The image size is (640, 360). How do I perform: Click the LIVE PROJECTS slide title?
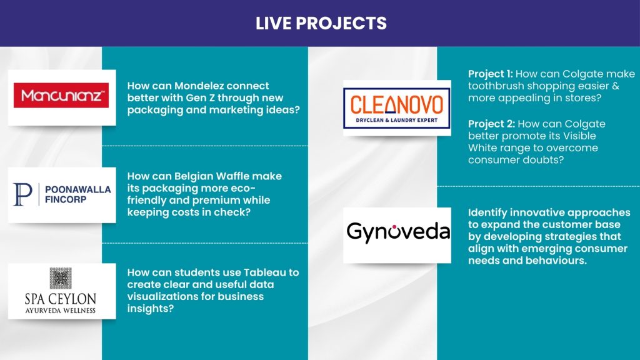coord(321,23)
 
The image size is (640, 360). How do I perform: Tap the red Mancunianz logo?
coord(61,96)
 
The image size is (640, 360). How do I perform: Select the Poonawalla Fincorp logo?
coord(62,194)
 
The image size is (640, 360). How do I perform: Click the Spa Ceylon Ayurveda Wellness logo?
coord(61,291)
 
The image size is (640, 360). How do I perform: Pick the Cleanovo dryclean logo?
coord(397,108)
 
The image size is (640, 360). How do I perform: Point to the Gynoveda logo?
coord(398,231)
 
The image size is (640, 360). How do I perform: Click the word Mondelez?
coord(201,86)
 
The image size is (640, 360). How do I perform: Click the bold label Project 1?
coord(490,74)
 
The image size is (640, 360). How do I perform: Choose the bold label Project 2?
coord(491,124)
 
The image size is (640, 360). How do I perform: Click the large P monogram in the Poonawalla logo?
coord(22,194)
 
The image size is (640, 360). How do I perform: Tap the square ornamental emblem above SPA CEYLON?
coord(61,278)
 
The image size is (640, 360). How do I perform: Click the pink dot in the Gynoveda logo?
coord(394,226)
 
